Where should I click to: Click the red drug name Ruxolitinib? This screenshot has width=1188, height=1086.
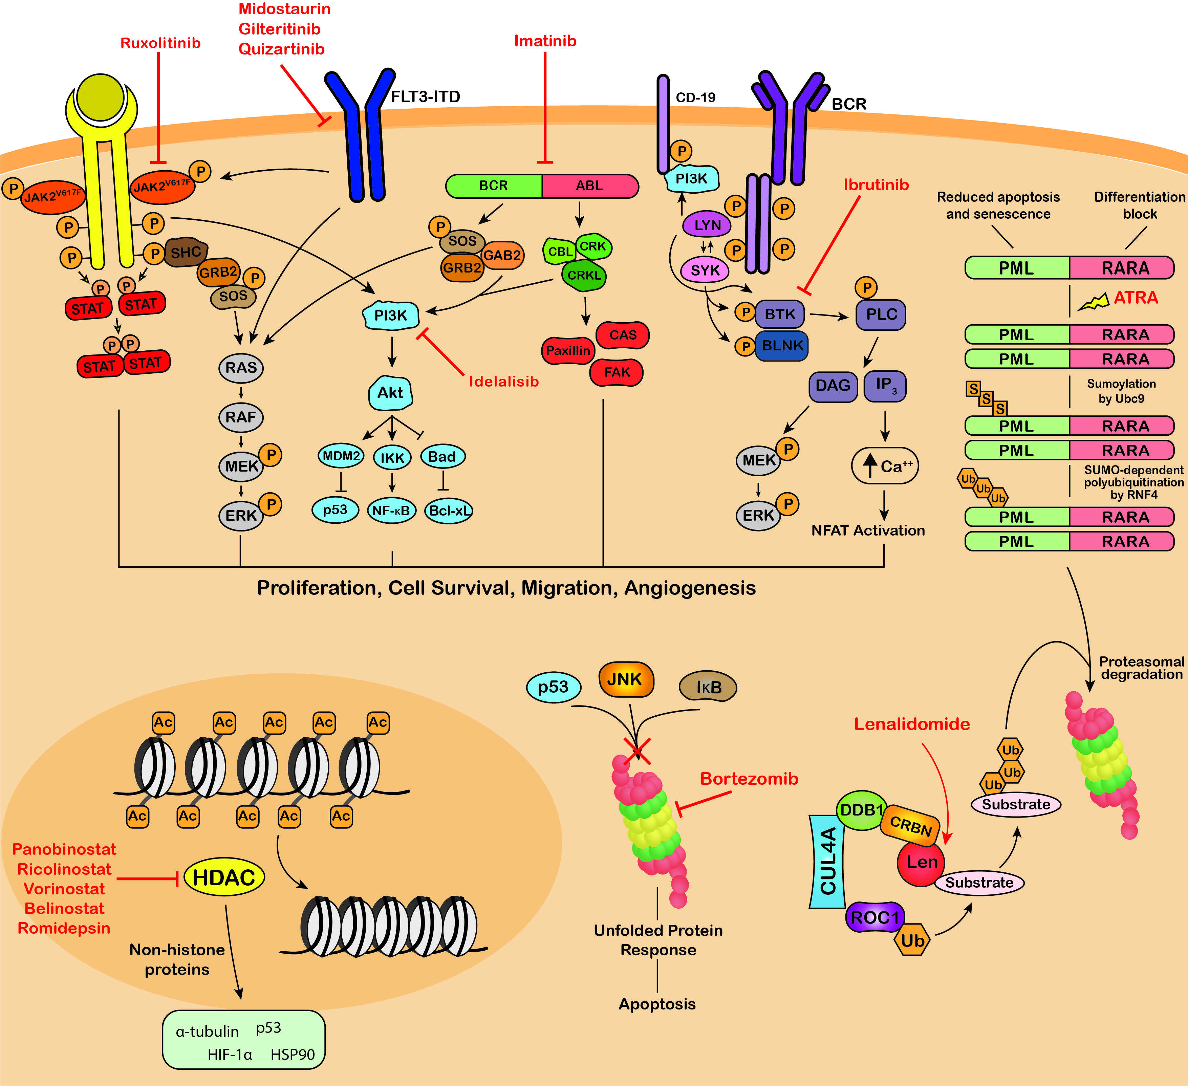pos(160,43)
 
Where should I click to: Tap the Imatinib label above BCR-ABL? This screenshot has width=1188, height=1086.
pos(545,41)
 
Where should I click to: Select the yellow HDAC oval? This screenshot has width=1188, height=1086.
pos(224,877)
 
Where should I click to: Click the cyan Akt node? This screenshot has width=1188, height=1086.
pos(390,392)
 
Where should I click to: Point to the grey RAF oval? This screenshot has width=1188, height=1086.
pos(240,417)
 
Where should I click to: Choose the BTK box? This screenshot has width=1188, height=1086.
pos(780,314)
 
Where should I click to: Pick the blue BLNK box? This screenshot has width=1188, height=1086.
pos(782,345)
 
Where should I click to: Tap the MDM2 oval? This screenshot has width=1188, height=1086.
pos(341,456)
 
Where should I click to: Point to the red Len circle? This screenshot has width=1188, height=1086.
pos(921,862)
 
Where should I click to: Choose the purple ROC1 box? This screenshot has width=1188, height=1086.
pos(874,917)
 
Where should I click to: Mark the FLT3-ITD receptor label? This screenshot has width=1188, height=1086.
pos(426,96)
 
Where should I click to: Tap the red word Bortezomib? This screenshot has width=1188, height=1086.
pos(749,778)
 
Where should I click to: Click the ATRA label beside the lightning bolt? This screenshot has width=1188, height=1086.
pos(1136,298)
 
